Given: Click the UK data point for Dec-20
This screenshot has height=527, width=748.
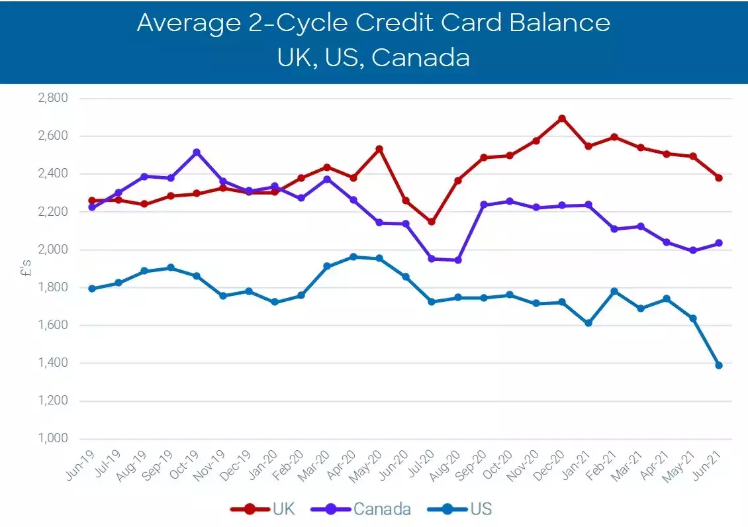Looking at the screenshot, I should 562,119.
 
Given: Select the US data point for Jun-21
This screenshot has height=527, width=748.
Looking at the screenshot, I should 718,365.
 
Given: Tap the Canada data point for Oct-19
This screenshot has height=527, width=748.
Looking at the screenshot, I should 197,152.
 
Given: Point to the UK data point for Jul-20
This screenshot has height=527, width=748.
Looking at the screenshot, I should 432,222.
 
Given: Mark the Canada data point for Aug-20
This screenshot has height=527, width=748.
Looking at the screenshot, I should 458,260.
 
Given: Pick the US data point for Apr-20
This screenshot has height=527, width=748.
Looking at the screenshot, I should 353,257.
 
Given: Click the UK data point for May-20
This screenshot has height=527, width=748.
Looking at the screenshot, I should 379,149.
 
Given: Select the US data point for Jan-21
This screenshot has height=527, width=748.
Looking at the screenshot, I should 588,323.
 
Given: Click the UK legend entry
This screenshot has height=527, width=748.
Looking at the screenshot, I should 263,509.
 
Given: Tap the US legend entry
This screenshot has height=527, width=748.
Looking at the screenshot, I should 461,509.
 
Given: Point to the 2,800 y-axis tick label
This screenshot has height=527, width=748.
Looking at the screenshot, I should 54,98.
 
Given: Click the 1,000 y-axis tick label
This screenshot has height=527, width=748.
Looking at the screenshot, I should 54,439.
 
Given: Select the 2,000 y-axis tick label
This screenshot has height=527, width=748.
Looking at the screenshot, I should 54,250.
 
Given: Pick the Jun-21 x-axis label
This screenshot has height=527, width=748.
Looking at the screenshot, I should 709,464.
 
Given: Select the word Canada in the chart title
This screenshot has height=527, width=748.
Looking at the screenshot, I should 420,57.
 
